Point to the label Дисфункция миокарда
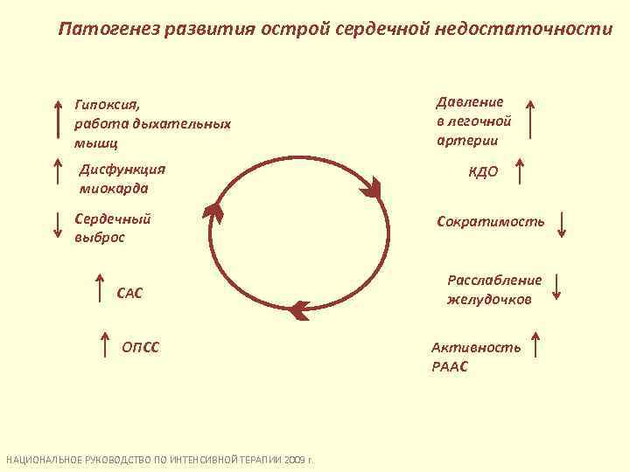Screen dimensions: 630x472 (x=122, y=178)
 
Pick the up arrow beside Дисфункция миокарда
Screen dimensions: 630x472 (x=58, y=174)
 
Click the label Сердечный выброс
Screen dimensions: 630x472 (x=113, y=227)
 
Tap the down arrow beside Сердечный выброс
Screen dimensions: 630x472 (x=58, y=224)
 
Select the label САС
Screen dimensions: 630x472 (x=129, y=293)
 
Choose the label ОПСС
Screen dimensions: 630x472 (x=140, y=349)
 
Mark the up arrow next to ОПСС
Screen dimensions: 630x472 (x=106, y=345)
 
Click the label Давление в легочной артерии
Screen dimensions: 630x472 (x=472, y=121)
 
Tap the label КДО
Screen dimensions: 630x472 (x=484, y=172)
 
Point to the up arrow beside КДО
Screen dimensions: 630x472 (x=521, y=171)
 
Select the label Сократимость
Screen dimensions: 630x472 (x=490, y=222)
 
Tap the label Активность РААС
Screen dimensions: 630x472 (x=476, y=357)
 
